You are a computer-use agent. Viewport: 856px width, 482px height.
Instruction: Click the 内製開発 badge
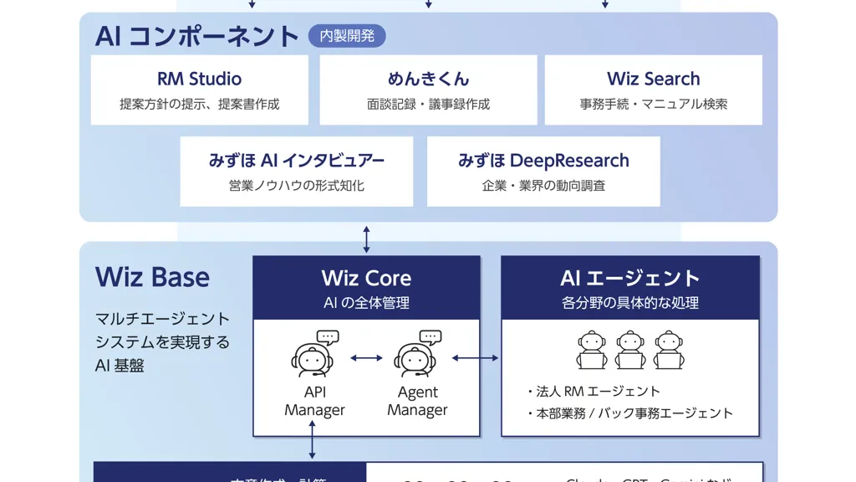click(347, 36)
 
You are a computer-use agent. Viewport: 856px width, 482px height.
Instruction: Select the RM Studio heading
click(199, 79)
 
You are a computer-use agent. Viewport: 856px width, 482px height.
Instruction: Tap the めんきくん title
click(428, 79)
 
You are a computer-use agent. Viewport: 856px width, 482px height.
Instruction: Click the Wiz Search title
click(653, 79)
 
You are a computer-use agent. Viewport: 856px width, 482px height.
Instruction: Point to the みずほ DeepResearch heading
click(543, 160)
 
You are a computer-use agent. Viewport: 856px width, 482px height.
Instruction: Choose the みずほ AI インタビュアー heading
click(297, 160)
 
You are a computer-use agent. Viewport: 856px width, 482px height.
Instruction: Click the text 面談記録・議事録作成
click(428, 105)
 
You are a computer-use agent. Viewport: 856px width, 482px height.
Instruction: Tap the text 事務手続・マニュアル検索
click(653, 105)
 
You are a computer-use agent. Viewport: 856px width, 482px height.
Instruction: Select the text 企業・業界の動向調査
click(543, 186)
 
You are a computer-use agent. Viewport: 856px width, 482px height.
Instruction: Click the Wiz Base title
click(152, 277)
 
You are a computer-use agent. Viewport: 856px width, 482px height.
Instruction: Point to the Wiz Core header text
click(366, 278)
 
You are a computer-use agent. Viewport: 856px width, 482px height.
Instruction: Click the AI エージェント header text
click(629, 278)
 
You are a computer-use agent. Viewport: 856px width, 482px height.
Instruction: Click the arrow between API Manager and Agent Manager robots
click(365, 358)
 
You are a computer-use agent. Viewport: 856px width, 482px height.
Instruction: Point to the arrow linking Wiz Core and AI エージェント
click(475, 358)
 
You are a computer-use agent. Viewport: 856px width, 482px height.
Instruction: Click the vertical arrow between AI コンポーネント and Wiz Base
click(366, 238)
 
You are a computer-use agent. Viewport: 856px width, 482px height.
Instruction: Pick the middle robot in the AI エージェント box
click(630, 350)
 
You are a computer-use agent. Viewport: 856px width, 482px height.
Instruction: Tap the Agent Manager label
click(417, 401)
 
